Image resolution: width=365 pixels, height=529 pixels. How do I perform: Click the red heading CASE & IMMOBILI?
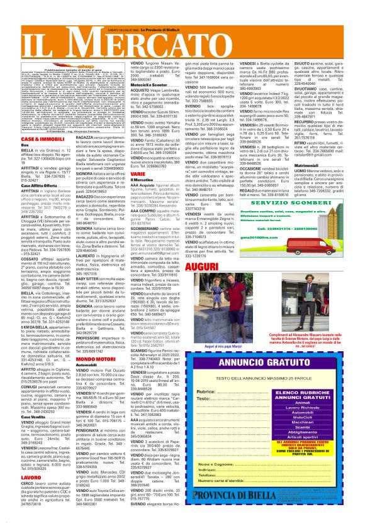[23, 138]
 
